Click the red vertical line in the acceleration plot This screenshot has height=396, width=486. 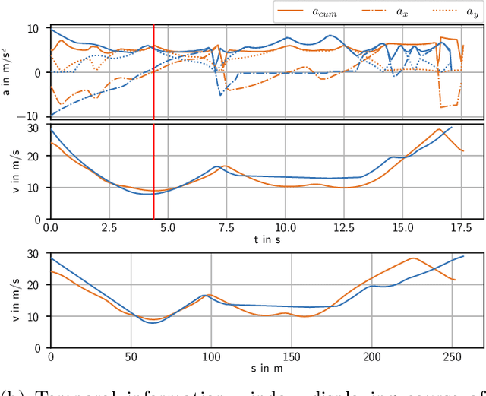(154, 72)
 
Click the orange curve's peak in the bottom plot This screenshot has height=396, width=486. (413, 258)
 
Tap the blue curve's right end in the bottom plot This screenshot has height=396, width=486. (463, 256)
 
